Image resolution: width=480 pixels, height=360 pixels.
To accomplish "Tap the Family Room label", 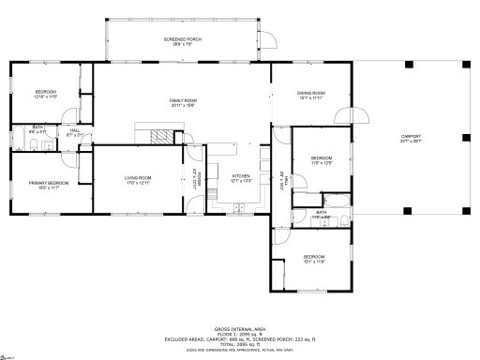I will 183,102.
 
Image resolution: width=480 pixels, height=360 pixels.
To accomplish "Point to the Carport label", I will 411,138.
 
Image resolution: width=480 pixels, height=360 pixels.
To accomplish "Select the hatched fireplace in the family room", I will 163,135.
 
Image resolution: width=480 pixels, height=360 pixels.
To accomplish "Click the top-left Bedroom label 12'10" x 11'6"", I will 46,94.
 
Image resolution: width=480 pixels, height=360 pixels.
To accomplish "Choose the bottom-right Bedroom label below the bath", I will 313,259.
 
